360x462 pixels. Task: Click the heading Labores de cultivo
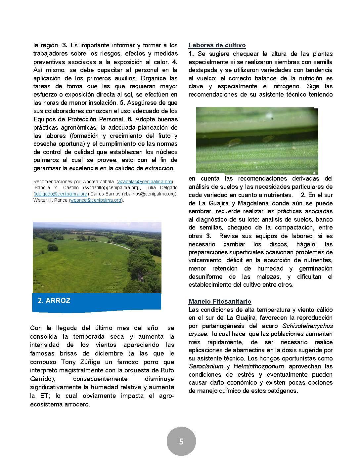[x=217, y=45]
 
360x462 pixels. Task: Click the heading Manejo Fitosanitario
[x=220, y=301]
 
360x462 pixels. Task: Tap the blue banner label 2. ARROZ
[x=54, y=301]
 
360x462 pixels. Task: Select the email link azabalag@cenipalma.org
[x=145, y=182]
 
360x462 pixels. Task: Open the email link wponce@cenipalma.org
[x=96, y=200]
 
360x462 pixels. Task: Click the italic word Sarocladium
[x=205, y=366]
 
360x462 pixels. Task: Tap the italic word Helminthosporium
[x=258, y=366]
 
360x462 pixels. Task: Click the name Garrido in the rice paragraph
[x=40, y=378]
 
